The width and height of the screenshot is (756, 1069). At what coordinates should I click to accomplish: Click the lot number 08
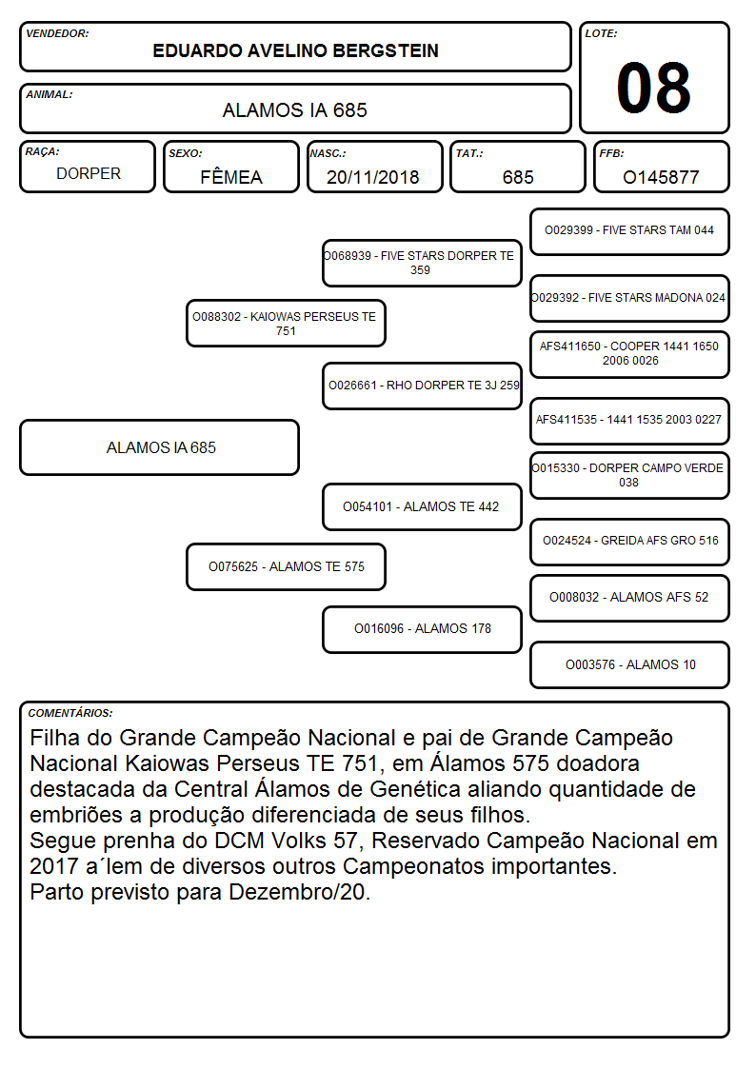[653, 88]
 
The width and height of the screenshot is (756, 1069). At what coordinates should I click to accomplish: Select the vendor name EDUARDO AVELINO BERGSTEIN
[295, 50]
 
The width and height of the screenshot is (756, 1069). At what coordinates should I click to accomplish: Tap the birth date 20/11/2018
[372, 177]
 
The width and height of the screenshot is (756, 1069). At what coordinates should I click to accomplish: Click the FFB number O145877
[661, 177]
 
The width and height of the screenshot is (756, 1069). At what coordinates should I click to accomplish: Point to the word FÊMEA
[231, 176]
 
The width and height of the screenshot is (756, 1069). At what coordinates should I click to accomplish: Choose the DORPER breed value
[89, 174]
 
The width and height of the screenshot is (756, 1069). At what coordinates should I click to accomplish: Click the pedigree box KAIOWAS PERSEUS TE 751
[286, 323]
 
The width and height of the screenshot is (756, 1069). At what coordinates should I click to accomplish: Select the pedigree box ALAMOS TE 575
[286, 566]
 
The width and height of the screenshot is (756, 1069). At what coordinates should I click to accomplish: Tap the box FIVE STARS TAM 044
[629, 232]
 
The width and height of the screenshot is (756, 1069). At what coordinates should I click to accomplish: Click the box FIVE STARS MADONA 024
[629, 298]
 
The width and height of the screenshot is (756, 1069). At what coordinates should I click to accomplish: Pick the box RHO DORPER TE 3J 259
[422, 386]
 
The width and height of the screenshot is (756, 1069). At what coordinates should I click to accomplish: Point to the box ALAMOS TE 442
[422, 506]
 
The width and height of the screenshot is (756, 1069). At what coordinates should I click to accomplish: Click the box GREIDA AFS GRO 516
[629, 542]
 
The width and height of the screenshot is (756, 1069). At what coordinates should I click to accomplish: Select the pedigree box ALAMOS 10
[629, 664]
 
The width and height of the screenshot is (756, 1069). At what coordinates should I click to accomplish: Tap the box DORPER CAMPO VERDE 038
[629, 475]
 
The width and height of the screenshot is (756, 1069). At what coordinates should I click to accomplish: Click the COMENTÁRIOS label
[70, 713]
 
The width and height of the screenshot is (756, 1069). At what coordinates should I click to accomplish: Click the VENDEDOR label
[57, 33]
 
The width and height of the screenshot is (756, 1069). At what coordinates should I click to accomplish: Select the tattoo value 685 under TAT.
[518, 177]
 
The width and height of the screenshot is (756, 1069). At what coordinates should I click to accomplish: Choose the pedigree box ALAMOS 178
[422, 629]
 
